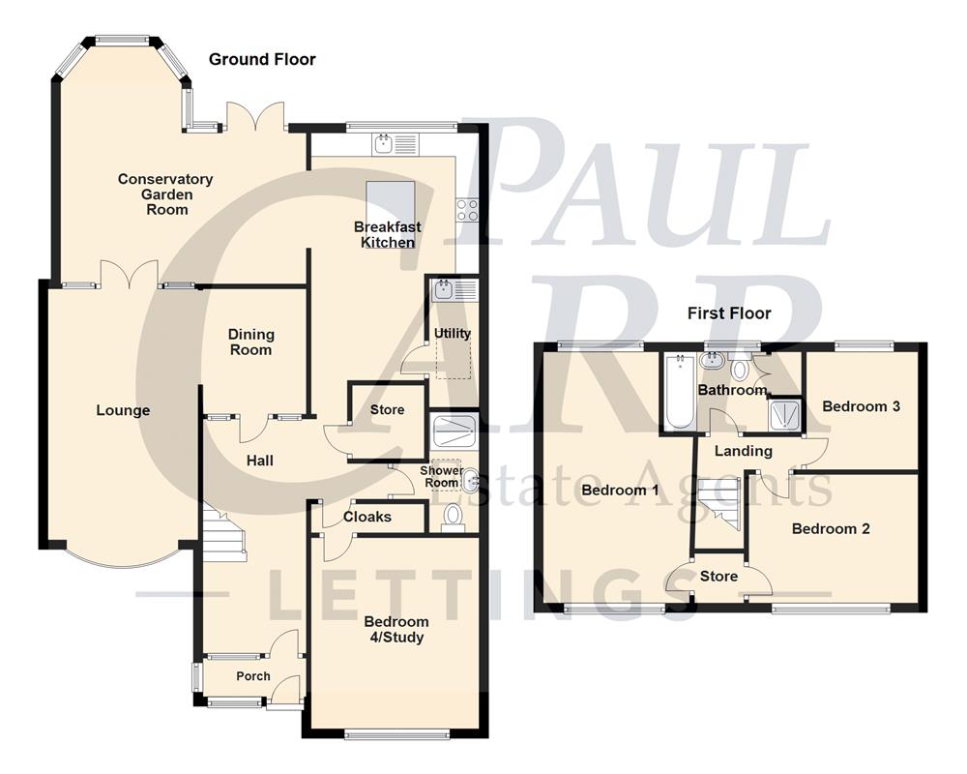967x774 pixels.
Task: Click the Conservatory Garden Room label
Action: [x=165, y=193]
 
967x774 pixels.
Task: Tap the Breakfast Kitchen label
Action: [x=388, y=234]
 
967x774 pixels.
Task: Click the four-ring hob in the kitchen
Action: [x=468, y=209]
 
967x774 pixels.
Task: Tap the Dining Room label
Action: [x=251, y=342]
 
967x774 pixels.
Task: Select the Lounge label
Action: [x=124, y=410]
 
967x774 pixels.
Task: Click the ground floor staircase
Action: [x=224, y=534]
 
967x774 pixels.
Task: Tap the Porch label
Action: [x=253, y=676]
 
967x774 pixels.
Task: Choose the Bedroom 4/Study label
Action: [x=396, y=629]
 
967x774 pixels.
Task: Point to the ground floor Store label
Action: [x=387, y=410]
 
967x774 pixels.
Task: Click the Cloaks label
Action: [x=368, y=517]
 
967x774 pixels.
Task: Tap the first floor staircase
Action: [x=719, y=506]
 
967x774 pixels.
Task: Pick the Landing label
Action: [x=743, y=451]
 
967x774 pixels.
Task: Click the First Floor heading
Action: [x=729, y=313]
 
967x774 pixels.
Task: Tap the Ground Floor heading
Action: [x=262, y=60]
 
